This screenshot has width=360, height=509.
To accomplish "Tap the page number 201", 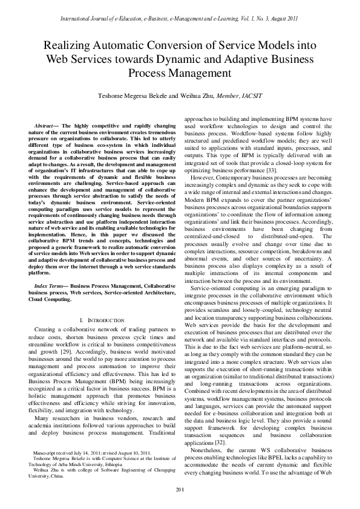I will (x=180, y=488).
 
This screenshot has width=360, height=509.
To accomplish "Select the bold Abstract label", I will (x=46, y=125).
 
